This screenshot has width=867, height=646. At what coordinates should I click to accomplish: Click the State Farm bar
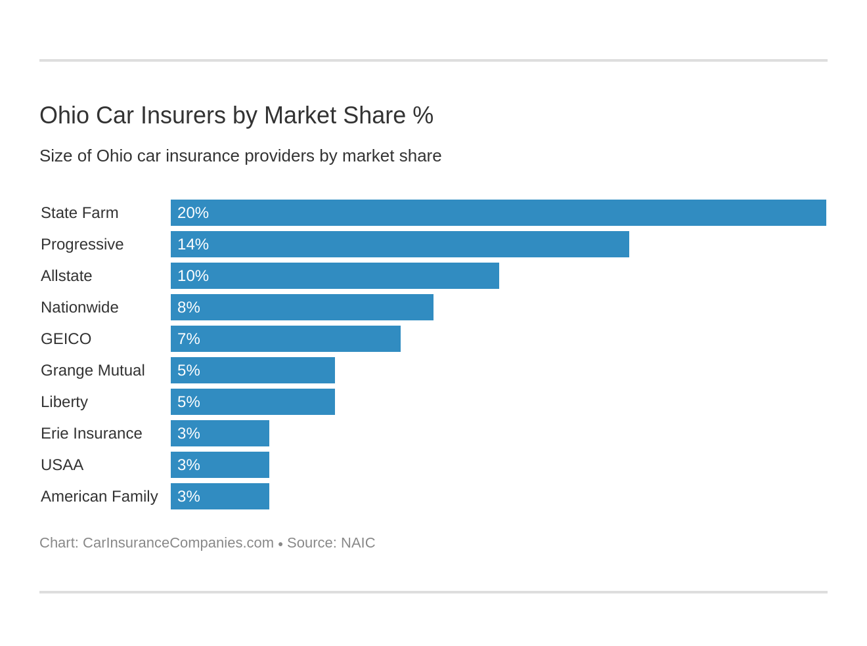pyautogui.click(x=498, y=213)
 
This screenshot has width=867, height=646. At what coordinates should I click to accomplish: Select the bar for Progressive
pyautogui.click(x=399, y=244)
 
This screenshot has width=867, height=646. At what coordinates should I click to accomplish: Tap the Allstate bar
pyautogui.click(x=334, y=276)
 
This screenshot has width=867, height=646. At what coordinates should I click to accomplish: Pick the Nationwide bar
pyautogui.click(x=301, y=307)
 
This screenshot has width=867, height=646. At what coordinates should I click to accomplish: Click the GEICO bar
pyautogui.click(x=285, y=339)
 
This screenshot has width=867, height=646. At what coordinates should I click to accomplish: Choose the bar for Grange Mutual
pyautogui.click(x=252, y=370)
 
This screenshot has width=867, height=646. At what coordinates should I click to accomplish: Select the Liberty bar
pyautogui.click(x=252, y=402)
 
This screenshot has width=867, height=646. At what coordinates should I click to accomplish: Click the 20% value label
pyautogui.click(x=193, y=213)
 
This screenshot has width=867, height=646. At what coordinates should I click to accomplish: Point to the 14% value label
pyautogui.click(x=193, y=244)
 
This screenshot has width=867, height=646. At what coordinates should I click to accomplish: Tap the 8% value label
pyautogui.click(x=189, y=307)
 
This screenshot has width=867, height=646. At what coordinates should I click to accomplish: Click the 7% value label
pyautogui.click(x=189, y=339)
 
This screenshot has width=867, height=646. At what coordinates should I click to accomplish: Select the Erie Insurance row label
pyautogui.click(x=91, y=433)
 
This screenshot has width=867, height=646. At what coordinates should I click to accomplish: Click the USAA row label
pyautogui.click(x=62, y=465)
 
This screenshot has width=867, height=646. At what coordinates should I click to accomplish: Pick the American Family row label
pyautogui.click(x=99, y=496)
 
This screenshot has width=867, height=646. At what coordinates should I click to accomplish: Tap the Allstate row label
pyautogui.click(x=66, y=276)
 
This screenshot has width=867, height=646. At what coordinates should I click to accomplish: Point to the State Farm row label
pyautogui.click(x=79, y=213)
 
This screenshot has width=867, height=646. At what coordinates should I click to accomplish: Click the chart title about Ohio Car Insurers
pyautogui.click(x=236, y=116)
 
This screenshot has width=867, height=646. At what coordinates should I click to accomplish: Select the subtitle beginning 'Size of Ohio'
pyautogui.click(x=240, y=156)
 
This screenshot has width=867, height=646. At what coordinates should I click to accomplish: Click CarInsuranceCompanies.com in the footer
pyautogui.click(x=178, y=543)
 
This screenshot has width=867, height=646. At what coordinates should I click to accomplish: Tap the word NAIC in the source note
pyautogui.click(x=358, y=543)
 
